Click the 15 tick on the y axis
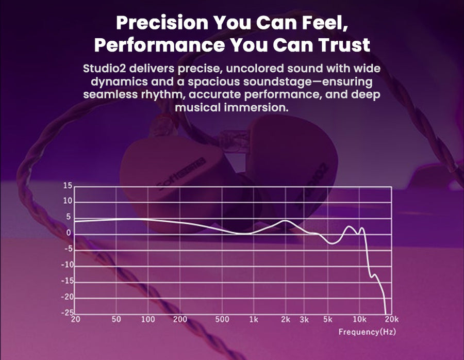click(68, 186)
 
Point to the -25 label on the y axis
click(67, 313)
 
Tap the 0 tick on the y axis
click(69, 233)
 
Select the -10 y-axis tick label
click(67, 265)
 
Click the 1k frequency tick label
click(254, 319)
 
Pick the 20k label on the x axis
click(392, 319)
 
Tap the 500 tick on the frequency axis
click(222, 319)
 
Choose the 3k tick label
click(304, 319)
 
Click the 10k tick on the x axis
click(359, 319)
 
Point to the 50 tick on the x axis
click(117, 319)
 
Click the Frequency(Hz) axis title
click(367, 332)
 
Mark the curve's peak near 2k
click(285, 221)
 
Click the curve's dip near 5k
click(333, 243)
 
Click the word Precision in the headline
click(162, 23)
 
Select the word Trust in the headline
click(344, 45)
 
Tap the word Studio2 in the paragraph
click(105, 69)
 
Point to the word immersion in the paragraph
click(256, 107)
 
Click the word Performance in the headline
click(159, 45)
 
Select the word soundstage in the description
click(277, 81)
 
